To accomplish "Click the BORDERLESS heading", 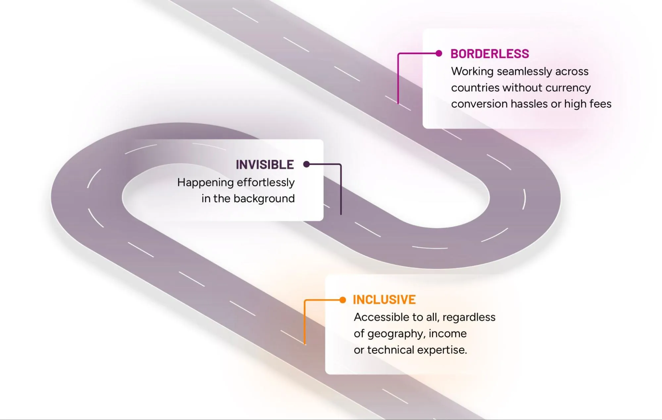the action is (x=489, y=54).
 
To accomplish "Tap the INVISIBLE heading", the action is (x=265, y=165).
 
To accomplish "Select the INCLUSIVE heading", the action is (x=384, y=300).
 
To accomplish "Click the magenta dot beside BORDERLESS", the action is (x=439, y=54).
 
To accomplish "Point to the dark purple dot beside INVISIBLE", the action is (x=307, y=164).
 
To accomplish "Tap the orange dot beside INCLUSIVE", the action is (x=343, y=300).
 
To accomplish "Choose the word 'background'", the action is (x=264, y=198).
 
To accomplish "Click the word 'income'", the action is (x=447, y=334).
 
